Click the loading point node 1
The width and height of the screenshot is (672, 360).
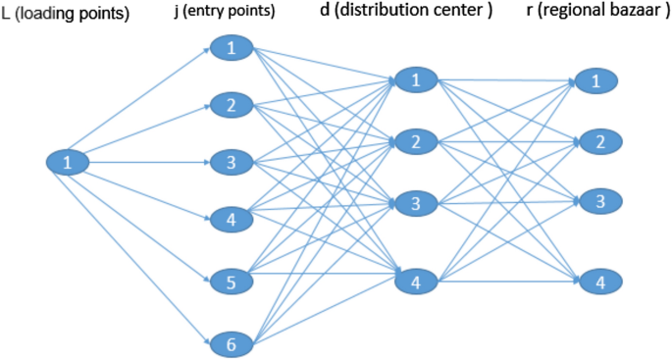click(x=67, y=163)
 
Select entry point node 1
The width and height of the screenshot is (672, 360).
click(x=231, y=48)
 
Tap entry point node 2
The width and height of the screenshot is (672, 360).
click(x=231, y=105)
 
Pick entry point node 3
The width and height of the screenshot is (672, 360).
click(x=231, y=162)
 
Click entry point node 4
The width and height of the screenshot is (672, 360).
click(x=231, y=220)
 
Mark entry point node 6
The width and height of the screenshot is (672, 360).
click(x=231, y=343)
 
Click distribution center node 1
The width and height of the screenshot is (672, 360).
click(x=416, y=80)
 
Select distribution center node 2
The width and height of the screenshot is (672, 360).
click(x=416, y=142)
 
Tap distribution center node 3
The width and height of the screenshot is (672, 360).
click(x=416, y=204)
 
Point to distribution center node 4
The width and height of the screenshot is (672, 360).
click(x=416, y=283)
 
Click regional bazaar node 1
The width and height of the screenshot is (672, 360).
click(x=595, y=81)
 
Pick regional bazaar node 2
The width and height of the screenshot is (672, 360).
click(x=595, y=142)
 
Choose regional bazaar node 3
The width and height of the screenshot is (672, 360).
click(x=595, y=202)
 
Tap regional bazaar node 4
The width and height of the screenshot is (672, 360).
click(x=595, y=283)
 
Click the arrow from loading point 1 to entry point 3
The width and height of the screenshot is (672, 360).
click(x=147, y=163)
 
